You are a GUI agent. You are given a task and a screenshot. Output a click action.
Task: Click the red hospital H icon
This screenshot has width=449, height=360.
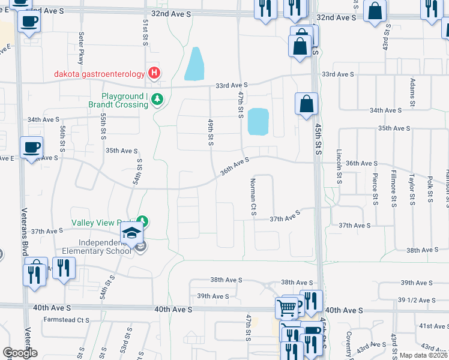pyautogui.click(x=154, y=74)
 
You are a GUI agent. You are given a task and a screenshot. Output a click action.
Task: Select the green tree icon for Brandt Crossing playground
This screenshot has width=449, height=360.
pyautogui.click(x=157, y=99)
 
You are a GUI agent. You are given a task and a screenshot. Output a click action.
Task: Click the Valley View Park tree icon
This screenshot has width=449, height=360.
pyautogui.click(x=142, y=222)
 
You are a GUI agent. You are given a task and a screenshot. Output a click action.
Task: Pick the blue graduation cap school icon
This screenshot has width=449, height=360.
pyautogui.click(x=131, y=235)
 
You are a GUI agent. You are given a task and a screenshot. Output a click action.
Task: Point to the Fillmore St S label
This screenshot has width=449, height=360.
pyautogui.click(x=394, y=190)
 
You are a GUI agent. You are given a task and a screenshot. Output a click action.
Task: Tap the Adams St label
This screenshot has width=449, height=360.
pyautogui.click(x=412, y=89)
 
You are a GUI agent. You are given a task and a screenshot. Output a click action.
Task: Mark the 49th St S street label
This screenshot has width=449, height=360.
pyautogui.click(x=211, y=132)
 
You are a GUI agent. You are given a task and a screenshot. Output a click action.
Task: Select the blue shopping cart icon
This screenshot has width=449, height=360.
pyautogui.click(x=287, y=308)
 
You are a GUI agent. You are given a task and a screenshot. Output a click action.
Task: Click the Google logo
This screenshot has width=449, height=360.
pyautogui.click(x=20, y=353)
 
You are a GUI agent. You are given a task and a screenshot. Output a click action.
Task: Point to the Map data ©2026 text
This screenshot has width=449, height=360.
pyautogui.click(x=424, y=355)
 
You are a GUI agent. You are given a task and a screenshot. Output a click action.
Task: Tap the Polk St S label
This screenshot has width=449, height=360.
pyautogui.click(x=430, y=190)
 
